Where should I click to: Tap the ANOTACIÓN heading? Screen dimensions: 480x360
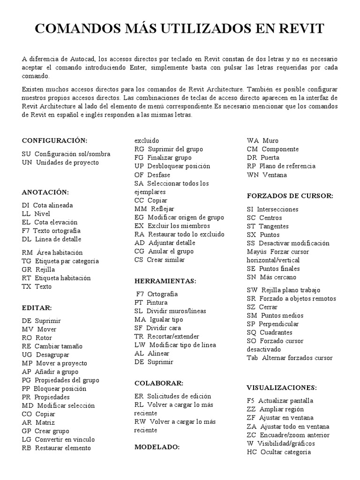click(45, 192)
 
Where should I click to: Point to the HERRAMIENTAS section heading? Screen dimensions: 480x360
click(165, 281)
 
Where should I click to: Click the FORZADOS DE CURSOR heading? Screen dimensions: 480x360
click(290, 195)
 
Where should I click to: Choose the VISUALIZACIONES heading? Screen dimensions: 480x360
click(282, 388)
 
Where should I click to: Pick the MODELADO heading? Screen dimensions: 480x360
click(157, 447)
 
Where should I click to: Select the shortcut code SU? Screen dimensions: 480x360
click(26, 154)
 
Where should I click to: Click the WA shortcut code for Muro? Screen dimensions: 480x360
click(253, 140)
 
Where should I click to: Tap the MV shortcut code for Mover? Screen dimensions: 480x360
click(27, 329)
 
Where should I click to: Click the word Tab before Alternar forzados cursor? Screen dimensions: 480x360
click(252, 358)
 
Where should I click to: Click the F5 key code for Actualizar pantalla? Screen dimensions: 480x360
click(251, 401)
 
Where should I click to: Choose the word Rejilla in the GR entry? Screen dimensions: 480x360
click(45, 270)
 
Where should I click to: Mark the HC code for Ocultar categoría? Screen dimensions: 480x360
click(252, 452)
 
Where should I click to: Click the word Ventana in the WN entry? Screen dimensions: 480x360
click(275, 175)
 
